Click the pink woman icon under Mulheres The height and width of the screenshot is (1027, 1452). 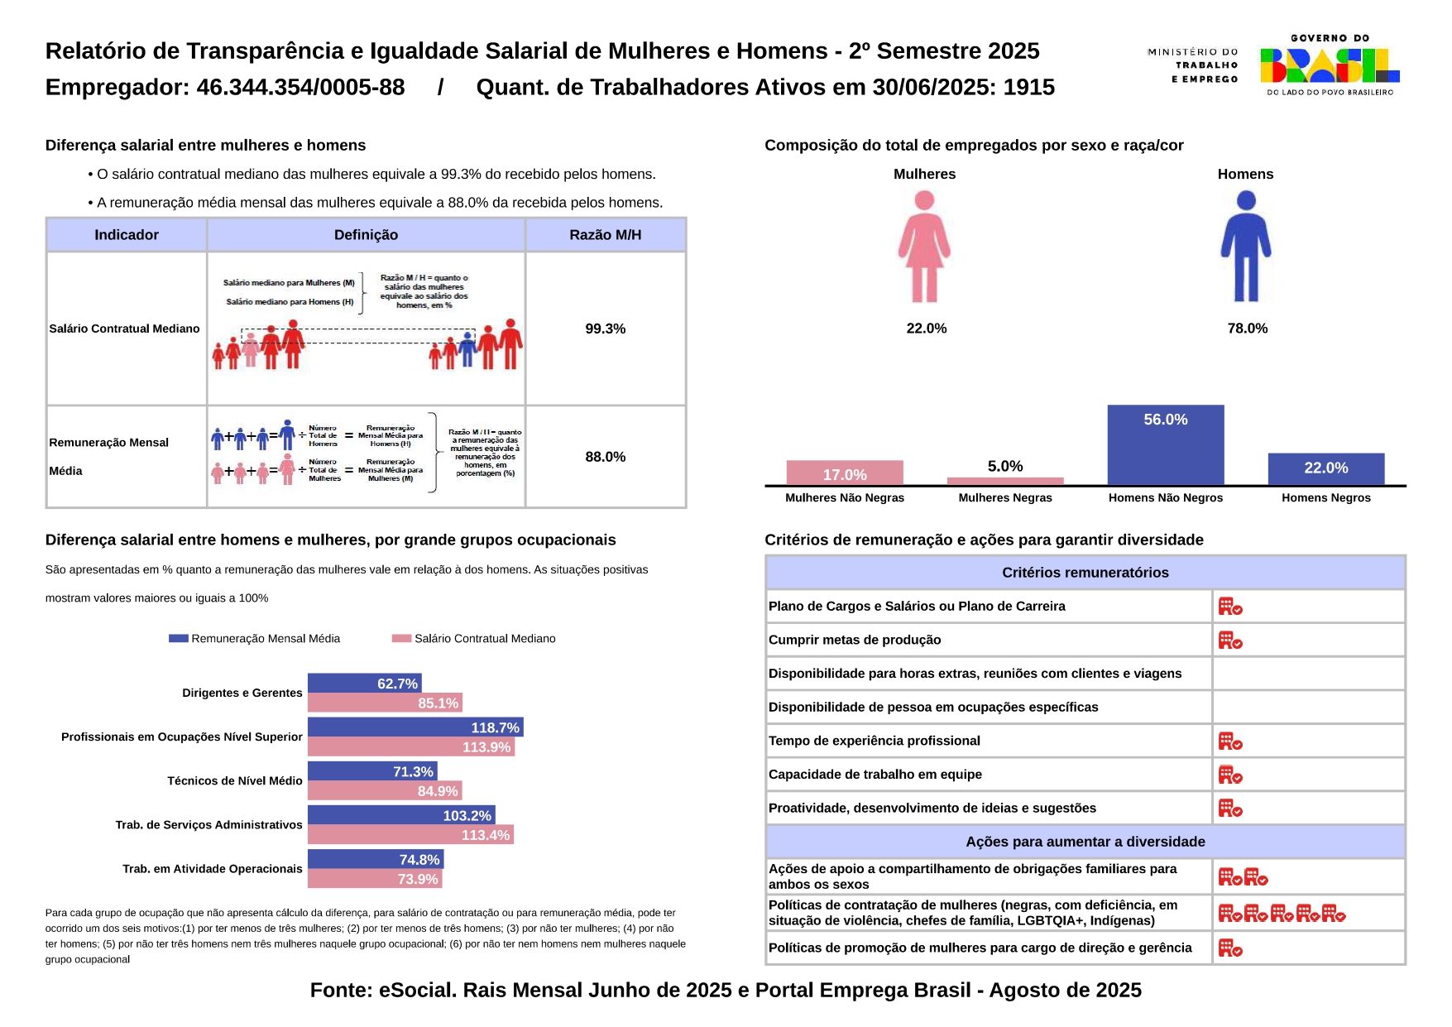tap(924, 247)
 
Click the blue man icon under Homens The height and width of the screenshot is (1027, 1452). tap(1245, 247)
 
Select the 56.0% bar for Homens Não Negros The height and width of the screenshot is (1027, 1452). tap(1165, 444)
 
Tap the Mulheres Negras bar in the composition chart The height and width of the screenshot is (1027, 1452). tap(1004, 481)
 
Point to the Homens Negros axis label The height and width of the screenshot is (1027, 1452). tap(1325, 497)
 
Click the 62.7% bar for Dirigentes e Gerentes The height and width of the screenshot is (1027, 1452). tap(364, 684)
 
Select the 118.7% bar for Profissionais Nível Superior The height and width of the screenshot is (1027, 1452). tap(415, 727)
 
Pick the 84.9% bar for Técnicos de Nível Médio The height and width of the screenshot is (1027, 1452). tap(385, 791)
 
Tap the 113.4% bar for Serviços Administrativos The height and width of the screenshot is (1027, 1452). tap(410, 835)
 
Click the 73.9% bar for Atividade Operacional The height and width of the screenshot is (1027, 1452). tap(375, 879)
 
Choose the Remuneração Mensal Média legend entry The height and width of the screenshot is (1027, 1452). tap(255, 638)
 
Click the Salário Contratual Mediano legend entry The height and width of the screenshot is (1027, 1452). tap(474, 638)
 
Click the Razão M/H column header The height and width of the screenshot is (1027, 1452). tap(605, 235)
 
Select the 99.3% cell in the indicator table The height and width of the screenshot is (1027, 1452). tap(605, 329)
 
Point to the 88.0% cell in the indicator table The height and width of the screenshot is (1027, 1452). tap(605, 457)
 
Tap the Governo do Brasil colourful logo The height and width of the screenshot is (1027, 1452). tap(1329, 65)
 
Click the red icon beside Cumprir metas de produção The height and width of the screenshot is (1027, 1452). tap(1230, 641)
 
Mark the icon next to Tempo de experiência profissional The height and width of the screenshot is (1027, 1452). tap(1230, 741)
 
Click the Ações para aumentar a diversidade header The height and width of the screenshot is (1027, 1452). tap(1085, 842)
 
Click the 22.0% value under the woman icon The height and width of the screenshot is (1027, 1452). tap(926, 329)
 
